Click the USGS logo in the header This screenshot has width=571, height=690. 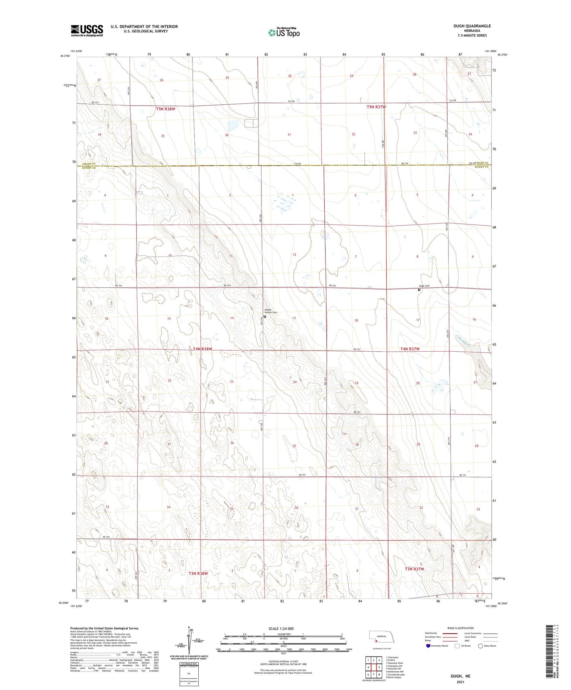pos(87,30)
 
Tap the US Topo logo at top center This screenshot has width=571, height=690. pos(284,32)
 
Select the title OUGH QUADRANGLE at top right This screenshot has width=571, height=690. pos(472,26)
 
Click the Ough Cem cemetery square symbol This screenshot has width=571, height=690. pos(419,290)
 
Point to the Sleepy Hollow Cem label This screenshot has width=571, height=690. pos(271,311)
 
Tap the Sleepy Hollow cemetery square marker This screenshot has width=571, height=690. pos(265,316)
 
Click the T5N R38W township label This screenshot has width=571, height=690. pos(166,109)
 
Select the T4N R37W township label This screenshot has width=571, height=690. pos(410,349)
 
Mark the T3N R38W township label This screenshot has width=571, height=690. pos(198,573)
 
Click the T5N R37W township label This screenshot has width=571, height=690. pos(376,107)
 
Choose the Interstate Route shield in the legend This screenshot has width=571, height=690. pos(428,646)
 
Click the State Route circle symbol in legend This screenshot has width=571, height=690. pos(480,646)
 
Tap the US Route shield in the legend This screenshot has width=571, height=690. pos(458,646)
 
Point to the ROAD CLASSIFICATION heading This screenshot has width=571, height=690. pos(460,628)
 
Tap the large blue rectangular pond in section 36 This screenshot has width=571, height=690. pos(233,126)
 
